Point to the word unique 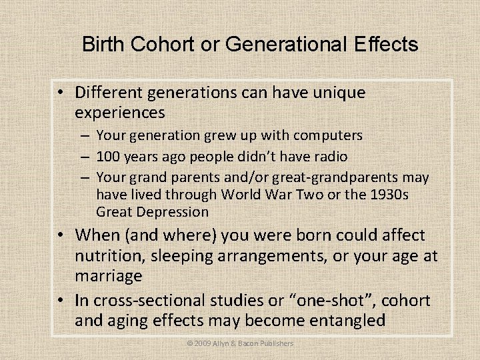pyautogui.click(x=336, y=93)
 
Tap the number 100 pyautogui.click(x=108, y=157)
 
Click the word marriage pyautogui.click(x=109, y=275)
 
